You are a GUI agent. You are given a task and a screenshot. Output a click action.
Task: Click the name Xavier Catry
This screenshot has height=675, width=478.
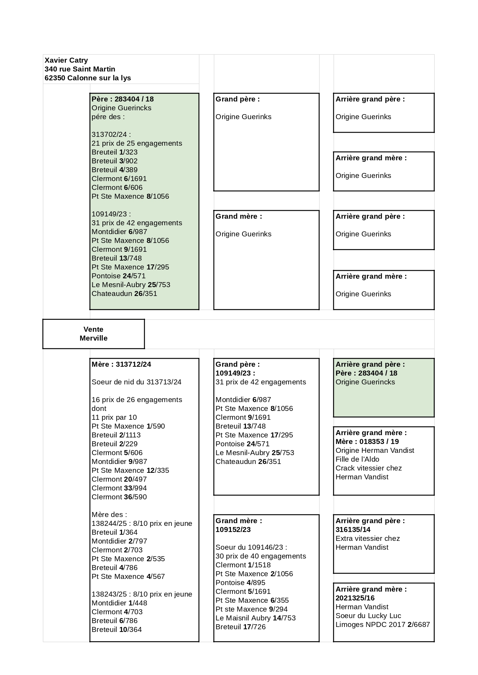pyautogui.click(x=66, y=60)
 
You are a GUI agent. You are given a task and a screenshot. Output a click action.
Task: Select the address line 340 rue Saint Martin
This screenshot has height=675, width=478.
pyautogui.click(x=80, y=69)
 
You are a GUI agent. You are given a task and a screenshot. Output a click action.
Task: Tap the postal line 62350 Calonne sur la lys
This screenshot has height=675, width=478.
pyautogui.click(x=88, y=78)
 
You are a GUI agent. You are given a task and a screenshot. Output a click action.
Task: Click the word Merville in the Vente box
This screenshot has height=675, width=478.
pyautogui.click(x=94, y=338)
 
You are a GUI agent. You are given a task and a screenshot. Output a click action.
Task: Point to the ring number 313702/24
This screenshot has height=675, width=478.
pyautogui.click(x=109, y=135)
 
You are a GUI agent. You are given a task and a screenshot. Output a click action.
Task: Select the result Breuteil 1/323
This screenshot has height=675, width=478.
pyautogui.click(x=114, y=152)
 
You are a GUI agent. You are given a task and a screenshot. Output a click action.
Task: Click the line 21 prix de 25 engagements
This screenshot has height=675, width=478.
pyautogui.click(x=137, y=143)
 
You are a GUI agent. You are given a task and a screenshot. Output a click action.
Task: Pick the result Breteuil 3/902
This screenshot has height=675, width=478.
pyautogui.click(x=114, y=161)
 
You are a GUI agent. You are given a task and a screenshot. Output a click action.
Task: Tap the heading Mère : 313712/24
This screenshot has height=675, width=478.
pyautogui.click(x=121, y=364)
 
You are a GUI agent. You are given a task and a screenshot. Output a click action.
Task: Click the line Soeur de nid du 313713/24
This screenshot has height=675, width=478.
pyautogui.click(x=136, y=382)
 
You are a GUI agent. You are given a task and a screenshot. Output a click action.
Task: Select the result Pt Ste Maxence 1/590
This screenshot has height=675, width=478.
pyautogui.click(x=128, y=426)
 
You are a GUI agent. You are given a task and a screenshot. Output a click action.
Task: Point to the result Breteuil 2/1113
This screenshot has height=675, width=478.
pyautogui.click(x=116, y=435)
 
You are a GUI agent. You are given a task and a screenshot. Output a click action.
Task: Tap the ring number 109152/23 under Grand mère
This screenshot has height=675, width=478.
pyautogui.click(x=233, y=530)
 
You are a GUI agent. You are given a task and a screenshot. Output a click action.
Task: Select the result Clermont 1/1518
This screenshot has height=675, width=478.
pyautogui.click(x=243, y=565)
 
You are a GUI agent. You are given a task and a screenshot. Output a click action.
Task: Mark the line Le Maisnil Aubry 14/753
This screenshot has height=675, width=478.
pyautogui.click(x=256, y=618)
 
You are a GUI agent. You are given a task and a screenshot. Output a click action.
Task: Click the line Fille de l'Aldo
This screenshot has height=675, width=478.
pyautogui.click(x=357, y=459)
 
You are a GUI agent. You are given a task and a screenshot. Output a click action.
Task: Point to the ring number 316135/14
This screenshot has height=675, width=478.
pyautogui.click(x=353, y=530)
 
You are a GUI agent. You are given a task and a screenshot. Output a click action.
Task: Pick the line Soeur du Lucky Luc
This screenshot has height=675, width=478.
pyautogui.click(x=368, y=616)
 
